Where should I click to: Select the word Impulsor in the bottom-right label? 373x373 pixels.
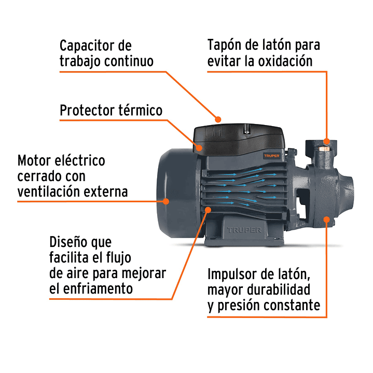(x=233, y=273)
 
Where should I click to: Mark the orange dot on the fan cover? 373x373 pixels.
(x=167, y=200)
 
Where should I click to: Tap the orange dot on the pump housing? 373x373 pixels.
(x=326, y=219)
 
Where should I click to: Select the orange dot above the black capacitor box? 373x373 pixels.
(x=218, y=119)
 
